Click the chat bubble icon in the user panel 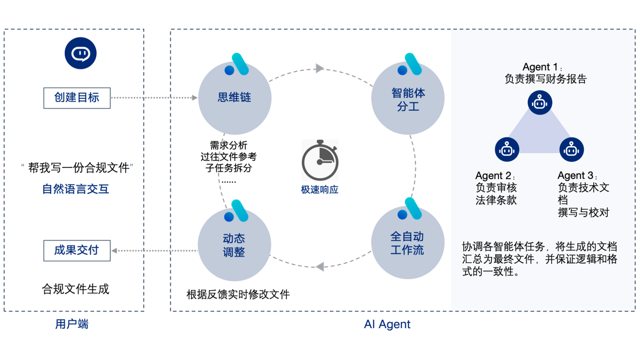pos(80,53)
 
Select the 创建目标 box pos(77,98)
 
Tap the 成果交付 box pos(77,250)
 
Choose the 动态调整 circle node pos(234,245)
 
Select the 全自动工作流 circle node pos(407,243)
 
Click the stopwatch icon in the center pos(320,160)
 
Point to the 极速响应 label pos(319,189)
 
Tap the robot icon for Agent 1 pos(540,103)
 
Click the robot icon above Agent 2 pos(507,150)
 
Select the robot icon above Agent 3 pos(571,150)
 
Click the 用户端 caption pos(72,324)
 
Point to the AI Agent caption pos(387,324)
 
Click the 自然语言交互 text pos(76,189)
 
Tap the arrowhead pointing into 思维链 pos(195,98)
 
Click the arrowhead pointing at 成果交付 pos(114,251)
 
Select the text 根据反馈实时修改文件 pos(238,294)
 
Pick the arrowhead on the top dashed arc pos(319,68)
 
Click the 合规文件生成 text pos(76,289)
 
